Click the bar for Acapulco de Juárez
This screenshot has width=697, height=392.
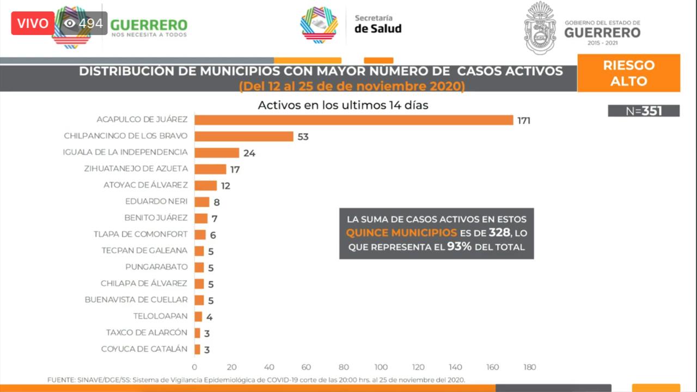coord(353,120)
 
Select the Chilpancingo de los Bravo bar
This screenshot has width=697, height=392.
coord(244,136)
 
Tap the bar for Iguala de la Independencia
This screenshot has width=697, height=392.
coord(217,153)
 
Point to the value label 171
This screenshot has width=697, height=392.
coord(524,120)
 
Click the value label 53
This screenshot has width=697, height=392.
coord(303,137)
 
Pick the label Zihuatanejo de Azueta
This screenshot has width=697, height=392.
coord(136,168)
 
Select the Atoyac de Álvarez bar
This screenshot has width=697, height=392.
coord(205,185)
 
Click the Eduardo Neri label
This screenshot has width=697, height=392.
coord(156,201)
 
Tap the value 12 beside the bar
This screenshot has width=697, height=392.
coord(225,186)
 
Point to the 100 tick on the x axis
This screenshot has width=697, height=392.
coord(381,367)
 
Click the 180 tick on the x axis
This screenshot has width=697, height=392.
coord(529,367)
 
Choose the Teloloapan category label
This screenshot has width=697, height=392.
coord(160,316)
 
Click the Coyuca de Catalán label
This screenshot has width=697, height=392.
coord(144,349)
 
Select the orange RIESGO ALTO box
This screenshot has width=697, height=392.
coord(628,73)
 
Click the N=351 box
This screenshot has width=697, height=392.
coord(644,111)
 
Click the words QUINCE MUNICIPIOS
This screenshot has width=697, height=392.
coord(401,233)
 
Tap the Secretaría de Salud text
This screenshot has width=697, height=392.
coord(377,24)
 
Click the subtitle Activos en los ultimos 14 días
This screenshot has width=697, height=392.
coord(343,105)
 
